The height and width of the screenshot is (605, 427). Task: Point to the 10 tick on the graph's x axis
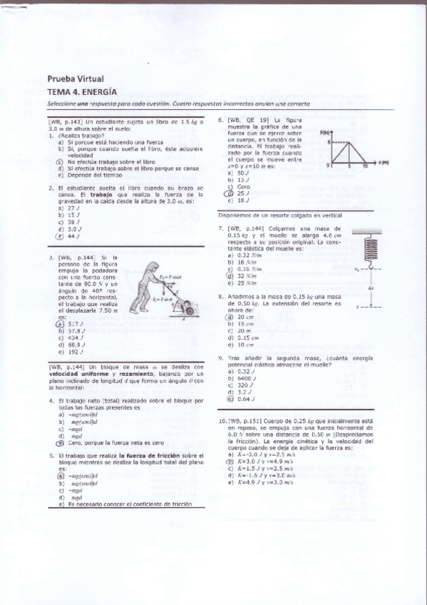[x=366, y=166]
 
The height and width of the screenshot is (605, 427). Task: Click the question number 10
[x=222, y=422]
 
